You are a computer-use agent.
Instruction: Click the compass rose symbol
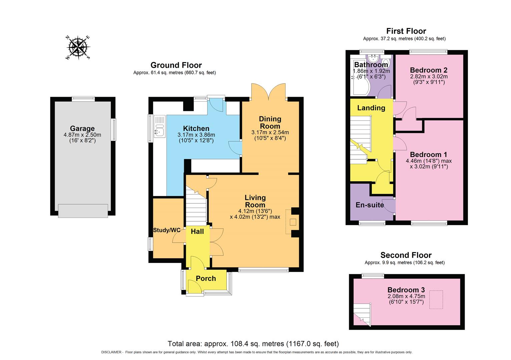78,48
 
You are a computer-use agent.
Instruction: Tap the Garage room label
82,128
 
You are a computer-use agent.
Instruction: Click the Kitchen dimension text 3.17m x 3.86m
196,135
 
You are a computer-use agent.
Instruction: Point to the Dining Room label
270,122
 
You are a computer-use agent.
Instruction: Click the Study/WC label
166,230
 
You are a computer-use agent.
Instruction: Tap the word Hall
197,231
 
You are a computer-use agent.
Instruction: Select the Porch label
206,278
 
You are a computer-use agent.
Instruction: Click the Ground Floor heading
176,65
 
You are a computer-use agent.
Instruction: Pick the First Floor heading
406,31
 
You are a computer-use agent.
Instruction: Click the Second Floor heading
406,255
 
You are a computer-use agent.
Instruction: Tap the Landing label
371,108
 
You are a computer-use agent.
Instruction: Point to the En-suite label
370,205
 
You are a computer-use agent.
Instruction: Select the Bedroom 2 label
429,70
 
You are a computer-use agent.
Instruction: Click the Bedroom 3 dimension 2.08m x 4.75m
406,296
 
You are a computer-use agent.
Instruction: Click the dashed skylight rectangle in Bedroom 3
436,300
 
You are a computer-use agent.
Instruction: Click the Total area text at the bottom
253,344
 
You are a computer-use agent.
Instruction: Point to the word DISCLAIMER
111,352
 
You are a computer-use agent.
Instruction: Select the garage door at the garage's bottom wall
83,211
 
